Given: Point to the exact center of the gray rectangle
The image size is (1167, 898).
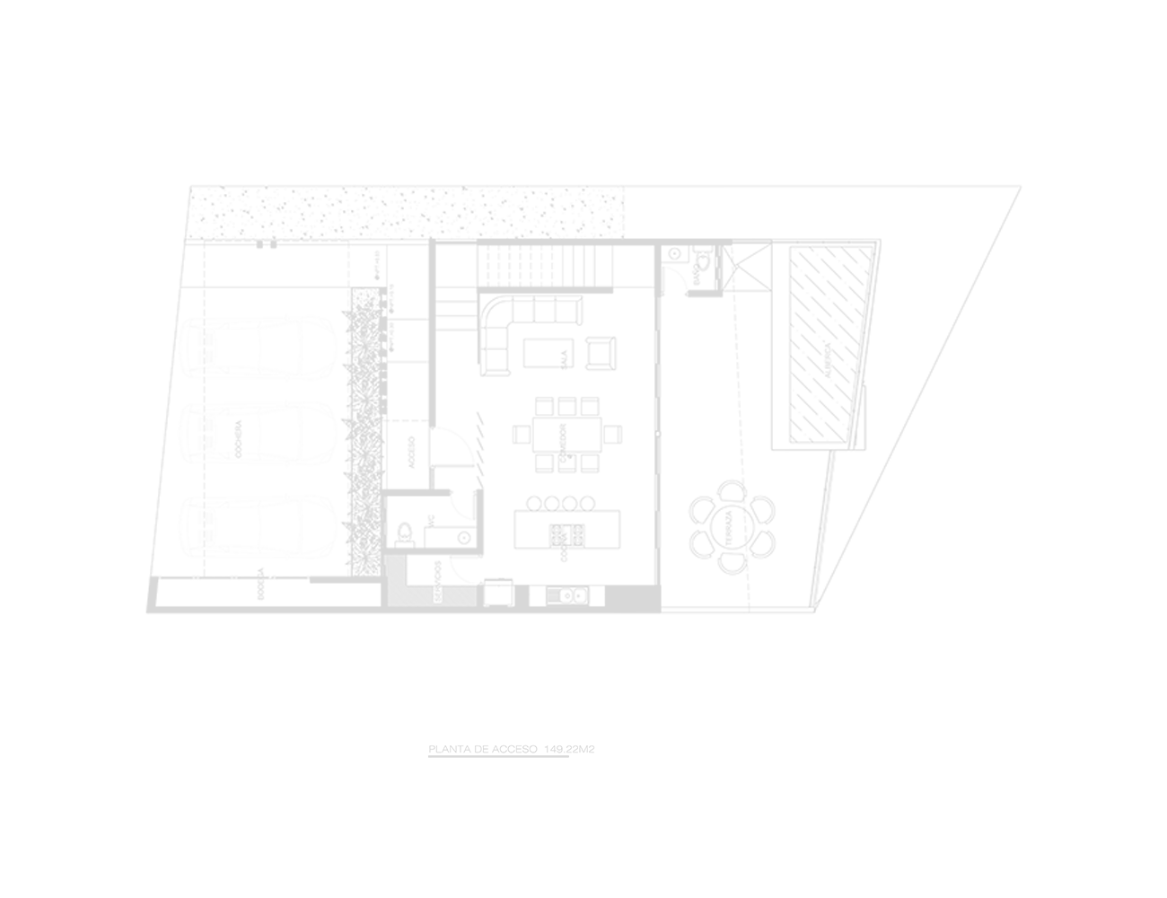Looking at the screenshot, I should pos(583,471).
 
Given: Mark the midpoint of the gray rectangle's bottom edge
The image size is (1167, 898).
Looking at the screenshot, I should pos(583,757).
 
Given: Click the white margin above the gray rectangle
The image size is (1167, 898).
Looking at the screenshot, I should pos(583,90).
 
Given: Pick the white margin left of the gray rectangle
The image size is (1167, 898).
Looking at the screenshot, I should pos(72,471).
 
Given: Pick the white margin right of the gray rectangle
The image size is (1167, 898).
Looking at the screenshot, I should pos(1095,471).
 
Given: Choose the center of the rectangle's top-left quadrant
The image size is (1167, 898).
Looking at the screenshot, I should pos(364,328).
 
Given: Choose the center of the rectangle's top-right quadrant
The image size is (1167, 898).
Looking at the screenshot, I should pos(803,328).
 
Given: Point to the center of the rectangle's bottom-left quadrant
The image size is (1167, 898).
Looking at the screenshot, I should pos(364,614).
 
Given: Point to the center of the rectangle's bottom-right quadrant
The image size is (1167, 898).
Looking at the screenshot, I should pos(803,614).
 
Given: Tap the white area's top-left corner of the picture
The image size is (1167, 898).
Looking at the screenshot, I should pos(3,3).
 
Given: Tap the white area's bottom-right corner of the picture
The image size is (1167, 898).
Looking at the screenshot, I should pos(1163,894).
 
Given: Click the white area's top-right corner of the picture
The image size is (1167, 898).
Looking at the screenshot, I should pos(1163,3).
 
